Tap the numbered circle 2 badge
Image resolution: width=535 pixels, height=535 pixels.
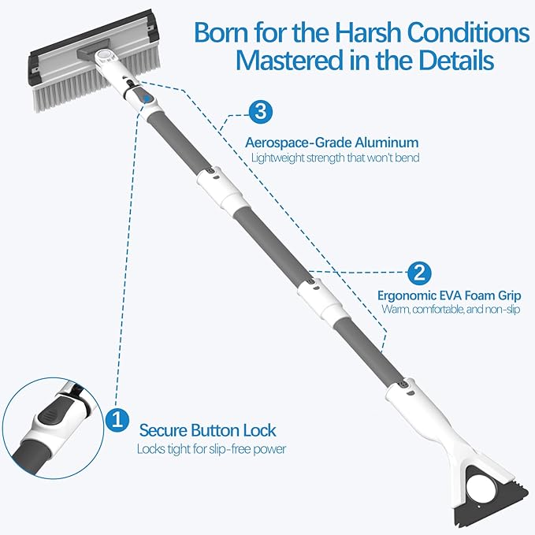[x=419, y=273]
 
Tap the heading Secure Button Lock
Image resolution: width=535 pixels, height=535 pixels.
[x=207, y=430]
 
